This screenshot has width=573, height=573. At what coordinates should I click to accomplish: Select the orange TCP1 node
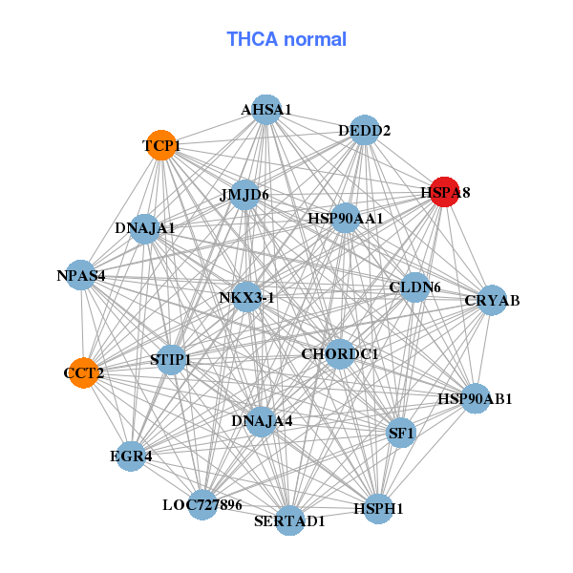161,146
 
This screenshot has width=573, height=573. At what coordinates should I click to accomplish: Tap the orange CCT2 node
84,372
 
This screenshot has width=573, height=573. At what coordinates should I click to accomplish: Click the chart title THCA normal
286,39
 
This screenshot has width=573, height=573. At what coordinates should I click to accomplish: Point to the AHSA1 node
266,110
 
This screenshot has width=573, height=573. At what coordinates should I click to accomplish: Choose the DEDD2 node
365,130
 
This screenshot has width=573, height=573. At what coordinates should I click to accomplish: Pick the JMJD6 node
245,195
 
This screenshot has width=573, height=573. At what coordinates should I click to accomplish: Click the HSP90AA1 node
346,218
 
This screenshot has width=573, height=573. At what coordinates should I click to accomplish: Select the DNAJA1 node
145,228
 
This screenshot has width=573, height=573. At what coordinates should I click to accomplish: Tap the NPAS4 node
81,276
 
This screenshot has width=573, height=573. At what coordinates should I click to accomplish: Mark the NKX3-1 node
246,297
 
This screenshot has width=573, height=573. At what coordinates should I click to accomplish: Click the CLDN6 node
414,286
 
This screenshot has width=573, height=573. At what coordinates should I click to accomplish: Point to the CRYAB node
492,301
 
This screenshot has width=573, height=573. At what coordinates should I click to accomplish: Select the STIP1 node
171,360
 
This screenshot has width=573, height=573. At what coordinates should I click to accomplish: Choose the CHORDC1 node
340,354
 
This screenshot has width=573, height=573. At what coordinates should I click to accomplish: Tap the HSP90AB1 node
476,397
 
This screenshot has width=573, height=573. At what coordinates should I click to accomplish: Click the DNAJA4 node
262,420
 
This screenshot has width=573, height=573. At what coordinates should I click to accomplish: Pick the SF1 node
401,434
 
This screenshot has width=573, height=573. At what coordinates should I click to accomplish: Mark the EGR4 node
132,456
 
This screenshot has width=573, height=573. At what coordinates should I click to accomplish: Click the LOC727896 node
202,503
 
